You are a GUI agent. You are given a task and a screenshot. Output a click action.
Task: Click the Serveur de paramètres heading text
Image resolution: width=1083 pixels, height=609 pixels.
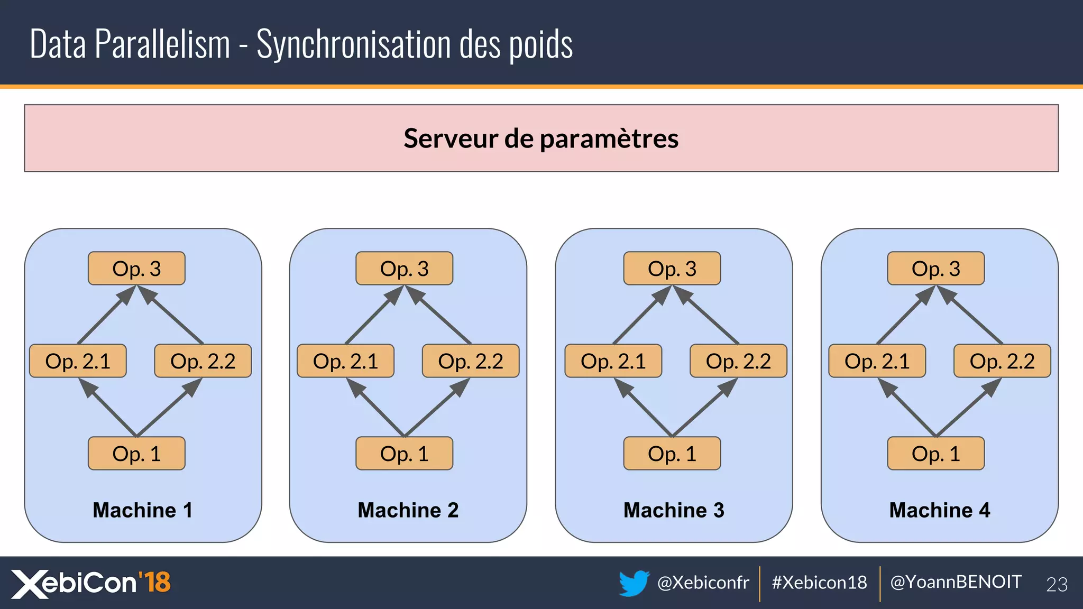[x=541, y=139]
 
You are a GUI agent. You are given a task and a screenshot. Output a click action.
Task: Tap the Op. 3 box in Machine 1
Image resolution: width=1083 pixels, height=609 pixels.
[x=136, y=269]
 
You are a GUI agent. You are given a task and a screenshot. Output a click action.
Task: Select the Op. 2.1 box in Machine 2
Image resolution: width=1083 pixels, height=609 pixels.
[x=345, y=361]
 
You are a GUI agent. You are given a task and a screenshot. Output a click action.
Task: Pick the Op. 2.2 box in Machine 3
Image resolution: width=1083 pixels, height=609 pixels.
[x=738, y=361]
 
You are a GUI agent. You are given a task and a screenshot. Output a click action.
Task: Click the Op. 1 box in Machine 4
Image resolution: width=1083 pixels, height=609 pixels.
[x=935, y=454]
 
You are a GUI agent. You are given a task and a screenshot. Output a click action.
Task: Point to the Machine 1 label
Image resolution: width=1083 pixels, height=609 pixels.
[x=142, y=510]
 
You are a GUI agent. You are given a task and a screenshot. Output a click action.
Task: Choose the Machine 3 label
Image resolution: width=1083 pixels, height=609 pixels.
[x=674, y=510]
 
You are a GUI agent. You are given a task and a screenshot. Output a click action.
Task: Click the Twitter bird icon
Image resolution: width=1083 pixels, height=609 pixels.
[x=634, y=583]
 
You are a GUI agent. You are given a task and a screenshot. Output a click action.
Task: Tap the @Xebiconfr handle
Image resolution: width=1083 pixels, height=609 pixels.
[x=703, y=583]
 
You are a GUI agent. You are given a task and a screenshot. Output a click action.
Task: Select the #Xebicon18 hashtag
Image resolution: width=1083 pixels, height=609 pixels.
[x=819, y=583]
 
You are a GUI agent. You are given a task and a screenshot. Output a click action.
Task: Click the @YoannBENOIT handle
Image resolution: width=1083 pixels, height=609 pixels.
[x=956, y=582]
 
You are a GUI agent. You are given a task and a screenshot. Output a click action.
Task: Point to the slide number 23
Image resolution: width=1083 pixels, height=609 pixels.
[x=1057, y=584]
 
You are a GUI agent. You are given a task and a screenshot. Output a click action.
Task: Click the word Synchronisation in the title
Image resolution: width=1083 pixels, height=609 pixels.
[x=354, y=44]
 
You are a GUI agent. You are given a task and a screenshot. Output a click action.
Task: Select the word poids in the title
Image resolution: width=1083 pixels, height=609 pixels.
[x=540, y=45]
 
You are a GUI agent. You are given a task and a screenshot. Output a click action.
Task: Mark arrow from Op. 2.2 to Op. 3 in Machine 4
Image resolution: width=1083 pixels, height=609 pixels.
[x=971, y=316]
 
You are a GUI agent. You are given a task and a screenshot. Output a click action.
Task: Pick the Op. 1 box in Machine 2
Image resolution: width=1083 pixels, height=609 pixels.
[x=404, y=454]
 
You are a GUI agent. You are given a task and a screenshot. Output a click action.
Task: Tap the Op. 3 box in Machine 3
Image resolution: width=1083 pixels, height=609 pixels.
[x=672, y=269]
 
